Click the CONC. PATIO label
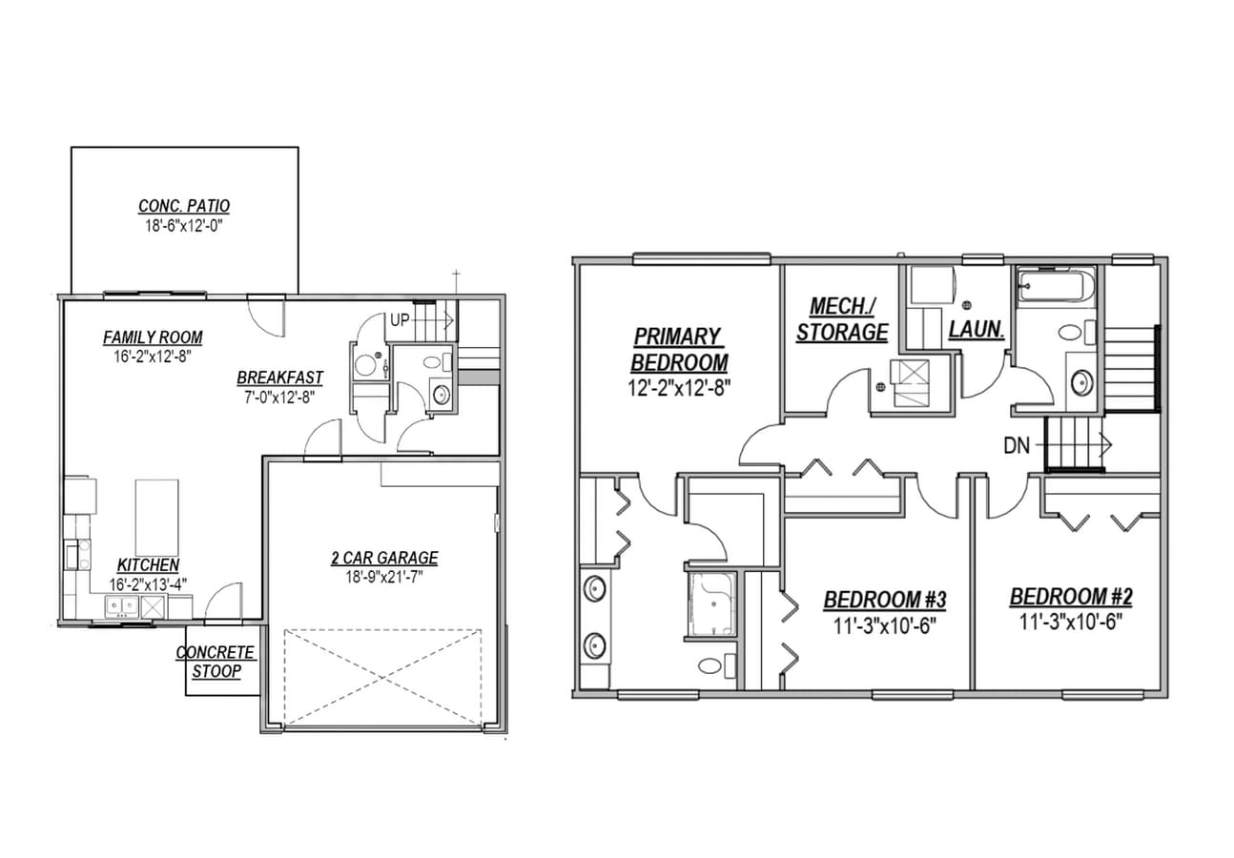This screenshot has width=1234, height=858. [184, 206]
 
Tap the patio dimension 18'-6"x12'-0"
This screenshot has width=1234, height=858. [184, 226]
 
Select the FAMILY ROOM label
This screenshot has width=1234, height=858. [153, 337]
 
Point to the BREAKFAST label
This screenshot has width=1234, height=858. [279, 378]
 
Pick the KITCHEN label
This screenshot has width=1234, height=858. [148, 565]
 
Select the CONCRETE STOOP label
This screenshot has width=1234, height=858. [216, 662]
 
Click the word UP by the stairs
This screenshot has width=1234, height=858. [399, 321]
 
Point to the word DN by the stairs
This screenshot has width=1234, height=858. [1017, 445]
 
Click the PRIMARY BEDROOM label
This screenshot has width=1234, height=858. [678, 349]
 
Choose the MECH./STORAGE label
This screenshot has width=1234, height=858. [842, 319]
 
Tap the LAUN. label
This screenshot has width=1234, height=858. [976, 330]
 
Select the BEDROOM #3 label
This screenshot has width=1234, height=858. [884, 601]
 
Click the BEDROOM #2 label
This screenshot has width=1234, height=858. [1071, 598]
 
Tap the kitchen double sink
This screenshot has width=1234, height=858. [121, 604]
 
